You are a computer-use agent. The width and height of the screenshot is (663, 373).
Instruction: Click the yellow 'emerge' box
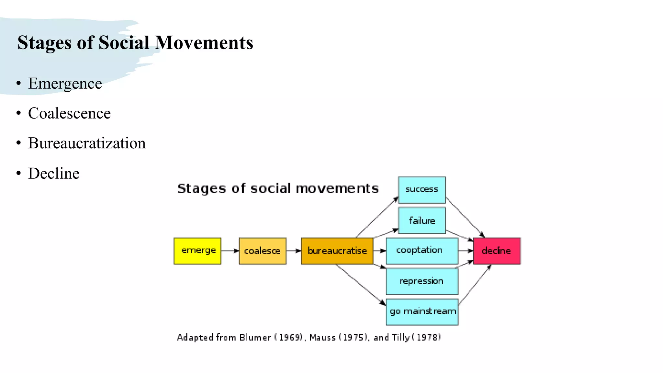(x=197, y=251)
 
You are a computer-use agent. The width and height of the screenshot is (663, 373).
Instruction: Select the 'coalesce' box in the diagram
(x=263, y=251)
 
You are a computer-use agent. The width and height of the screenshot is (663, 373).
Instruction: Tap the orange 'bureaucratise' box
(x=337, y=251)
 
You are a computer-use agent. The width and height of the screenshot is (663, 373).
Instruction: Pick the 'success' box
(x=422, y=190)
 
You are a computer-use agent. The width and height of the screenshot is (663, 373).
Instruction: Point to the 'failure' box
(x=422, y=220)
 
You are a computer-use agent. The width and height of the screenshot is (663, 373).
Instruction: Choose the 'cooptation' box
(x=422, y=251)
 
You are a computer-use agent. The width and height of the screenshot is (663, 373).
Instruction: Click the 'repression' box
(x=422, y=281)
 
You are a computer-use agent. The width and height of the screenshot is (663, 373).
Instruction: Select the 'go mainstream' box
(x=422, y=312)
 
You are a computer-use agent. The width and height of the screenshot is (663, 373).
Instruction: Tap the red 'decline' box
(x=497, y=251)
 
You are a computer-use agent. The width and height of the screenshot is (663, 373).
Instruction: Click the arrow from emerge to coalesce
(x=230, y=251)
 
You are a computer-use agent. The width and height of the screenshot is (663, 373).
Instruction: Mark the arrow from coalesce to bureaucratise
(x=294, y=251)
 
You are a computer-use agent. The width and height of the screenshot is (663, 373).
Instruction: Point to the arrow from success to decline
(x=465, y=217)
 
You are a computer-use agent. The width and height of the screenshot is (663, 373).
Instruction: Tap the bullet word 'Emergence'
(x=65, y=84)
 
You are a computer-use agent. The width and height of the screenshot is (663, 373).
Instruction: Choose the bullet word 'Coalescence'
(x=69, y=113)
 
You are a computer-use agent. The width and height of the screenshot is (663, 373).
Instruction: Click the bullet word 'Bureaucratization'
(x=87, y=143)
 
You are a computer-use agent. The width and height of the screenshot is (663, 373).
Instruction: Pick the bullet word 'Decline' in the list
(x=54, y=173)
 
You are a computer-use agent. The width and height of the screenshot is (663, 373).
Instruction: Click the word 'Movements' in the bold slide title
(x=204, y=43)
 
